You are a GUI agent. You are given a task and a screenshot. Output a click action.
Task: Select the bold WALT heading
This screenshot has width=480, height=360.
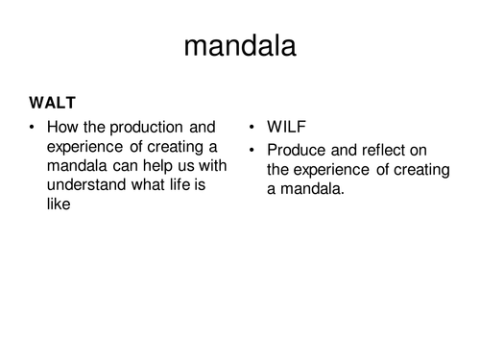[x=51, y=103]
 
